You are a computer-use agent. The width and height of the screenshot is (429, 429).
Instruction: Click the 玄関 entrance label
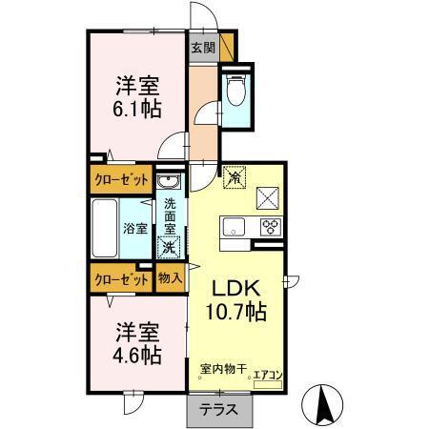pyautogui.click(x=201, y=47)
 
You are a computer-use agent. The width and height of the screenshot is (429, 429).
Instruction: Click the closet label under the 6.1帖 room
pyautogui.click(x=120, y=178)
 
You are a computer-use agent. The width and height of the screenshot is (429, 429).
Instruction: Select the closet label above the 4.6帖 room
pyautogui.click(x=120, y=279)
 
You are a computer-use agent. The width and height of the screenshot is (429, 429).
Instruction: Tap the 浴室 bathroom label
pyautogui.click(x=134, y=229)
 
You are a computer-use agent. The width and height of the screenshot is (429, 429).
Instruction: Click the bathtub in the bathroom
pyautogui.click(x=106, y=229)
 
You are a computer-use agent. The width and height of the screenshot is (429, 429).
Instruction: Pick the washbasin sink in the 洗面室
pyautogui.click(x=169, y=183)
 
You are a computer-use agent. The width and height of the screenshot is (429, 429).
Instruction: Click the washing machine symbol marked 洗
pyautogui.click(x=169, y=248)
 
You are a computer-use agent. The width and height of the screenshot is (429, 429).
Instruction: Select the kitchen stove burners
pyautogui.click(x=270, y=228)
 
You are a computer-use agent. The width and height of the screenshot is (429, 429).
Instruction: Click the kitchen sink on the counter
pyautogui.click(x=235, y=228)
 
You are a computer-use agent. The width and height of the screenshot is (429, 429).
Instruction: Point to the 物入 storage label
pyautogui.click(x=169, y=279)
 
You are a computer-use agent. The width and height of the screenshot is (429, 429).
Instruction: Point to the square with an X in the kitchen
pyautogui.click(x=268, y=198)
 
